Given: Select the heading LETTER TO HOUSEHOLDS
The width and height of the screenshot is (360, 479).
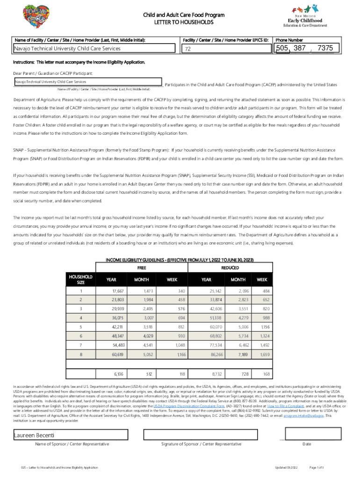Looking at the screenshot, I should [x=184, y=22].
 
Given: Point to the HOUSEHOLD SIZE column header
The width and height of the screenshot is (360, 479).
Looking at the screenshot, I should [x=81, y=280].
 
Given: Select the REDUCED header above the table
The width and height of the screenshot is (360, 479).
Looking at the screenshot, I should [x=230, y=268].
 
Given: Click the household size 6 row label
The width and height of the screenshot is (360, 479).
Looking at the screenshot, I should [x=81, y=336].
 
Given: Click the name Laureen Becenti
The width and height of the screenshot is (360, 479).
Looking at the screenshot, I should [x=31, y=435].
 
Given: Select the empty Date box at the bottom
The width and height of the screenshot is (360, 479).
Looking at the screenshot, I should [x=307, y=435].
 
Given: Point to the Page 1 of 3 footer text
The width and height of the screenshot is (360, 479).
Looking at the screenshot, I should [x=317, y=468].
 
